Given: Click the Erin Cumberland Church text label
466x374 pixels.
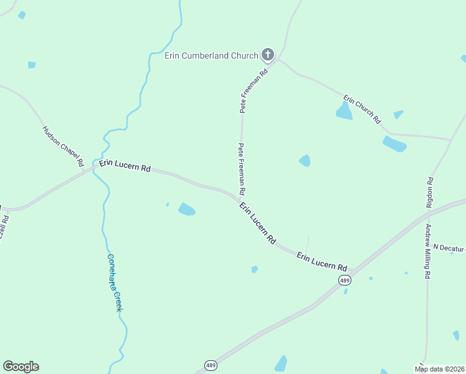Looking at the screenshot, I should point(211,55).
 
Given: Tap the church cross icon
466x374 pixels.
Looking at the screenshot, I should point(268,55).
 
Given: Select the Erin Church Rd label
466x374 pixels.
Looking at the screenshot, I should point(362,109).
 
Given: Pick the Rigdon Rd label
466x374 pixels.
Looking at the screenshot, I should point(430,192).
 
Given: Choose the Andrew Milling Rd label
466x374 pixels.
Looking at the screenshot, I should point(428,251).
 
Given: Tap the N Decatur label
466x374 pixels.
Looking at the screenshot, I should point(449,247).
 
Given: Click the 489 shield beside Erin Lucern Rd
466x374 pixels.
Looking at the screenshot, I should point(345,280).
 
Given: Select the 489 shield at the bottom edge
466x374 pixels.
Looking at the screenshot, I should point(210,365).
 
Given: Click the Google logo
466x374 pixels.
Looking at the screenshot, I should point(21,367).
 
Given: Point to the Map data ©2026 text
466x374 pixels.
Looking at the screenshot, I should point(440,369).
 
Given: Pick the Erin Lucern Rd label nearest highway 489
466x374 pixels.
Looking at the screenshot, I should point(321,261).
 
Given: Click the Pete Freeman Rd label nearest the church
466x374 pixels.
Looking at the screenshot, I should point(254,90).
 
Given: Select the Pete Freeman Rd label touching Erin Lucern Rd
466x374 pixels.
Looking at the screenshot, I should point(241,168).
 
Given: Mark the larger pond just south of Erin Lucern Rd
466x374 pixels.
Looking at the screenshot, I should point(187,209).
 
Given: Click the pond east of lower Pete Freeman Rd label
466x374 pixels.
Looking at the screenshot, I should point(305,160).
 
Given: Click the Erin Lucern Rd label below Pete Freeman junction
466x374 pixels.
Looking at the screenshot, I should point(258,223).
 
